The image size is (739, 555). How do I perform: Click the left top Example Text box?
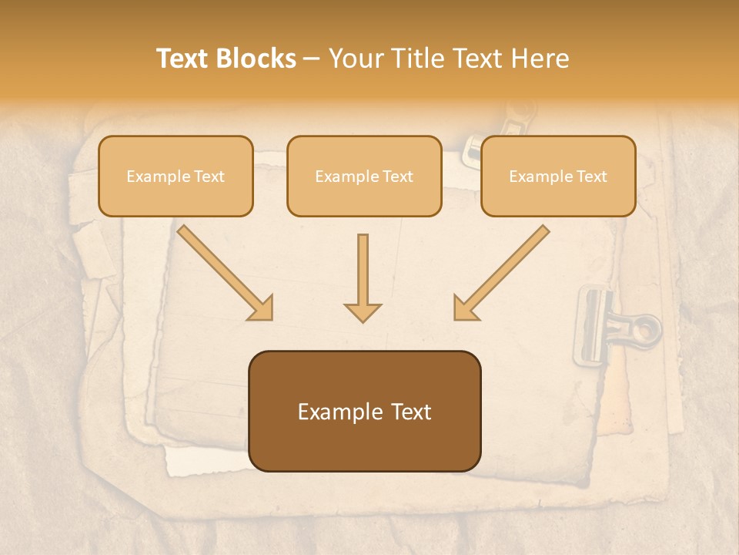click(176, 176)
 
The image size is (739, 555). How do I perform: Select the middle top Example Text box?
click(364, 176)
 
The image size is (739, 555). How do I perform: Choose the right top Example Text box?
click(558, 176)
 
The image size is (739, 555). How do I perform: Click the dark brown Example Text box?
click(364, 411)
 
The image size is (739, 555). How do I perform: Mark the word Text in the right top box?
click(592, 177)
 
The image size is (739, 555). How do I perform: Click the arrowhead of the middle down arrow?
click(363, 311)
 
